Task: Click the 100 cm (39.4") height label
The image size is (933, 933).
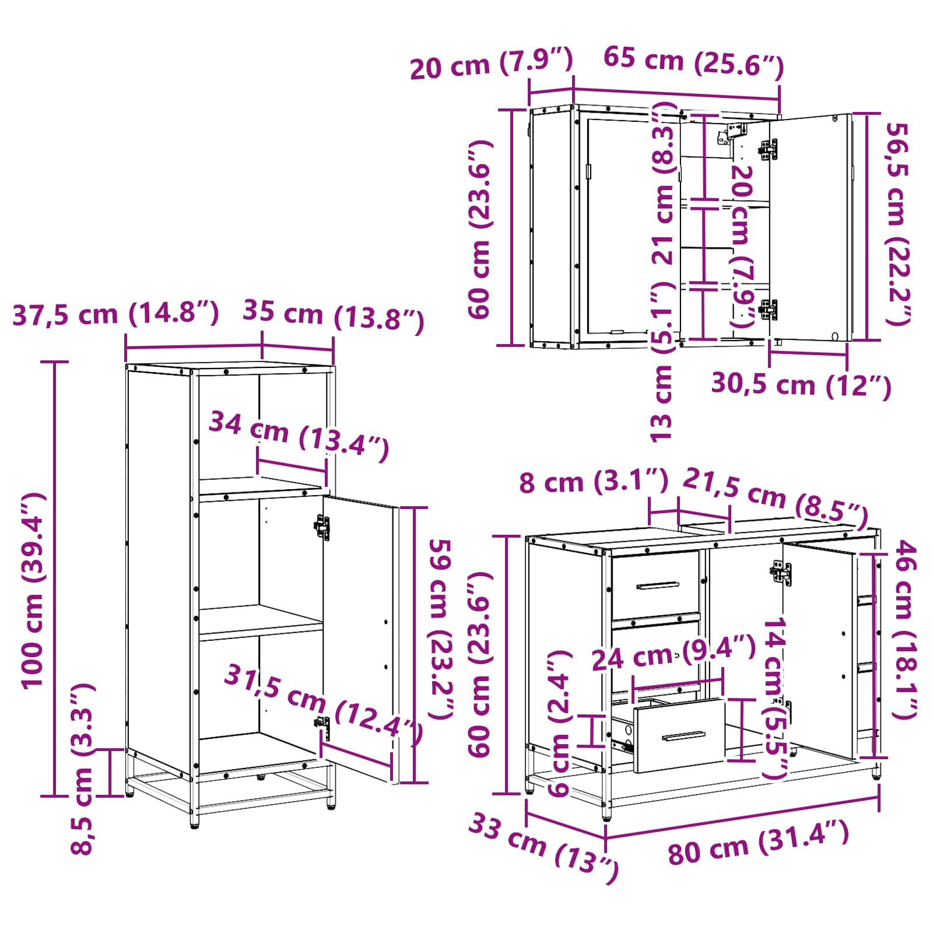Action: tap(33, 590)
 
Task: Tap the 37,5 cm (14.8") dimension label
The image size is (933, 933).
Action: tap(115, 314)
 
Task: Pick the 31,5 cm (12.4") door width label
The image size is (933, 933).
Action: tap(322, 705)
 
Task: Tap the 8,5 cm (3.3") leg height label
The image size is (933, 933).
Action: tap(82, 769)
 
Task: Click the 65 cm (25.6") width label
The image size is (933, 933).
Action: tap(693, 62)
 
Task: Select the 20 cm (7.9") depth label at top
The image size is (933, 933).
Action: tap(492, 64)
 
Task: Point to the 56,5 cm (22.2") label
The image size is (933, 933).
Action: tap(899, 223)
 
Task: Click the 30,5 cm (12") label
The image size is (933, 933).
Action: tap(801, 385)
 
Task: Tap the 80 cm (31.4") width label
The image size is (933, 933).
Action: tap(758, 843)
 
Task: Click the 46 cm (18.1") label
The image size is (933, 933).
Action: tap(904, 629)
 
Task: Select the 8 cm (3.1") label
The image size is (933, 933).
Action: tap(594, 482)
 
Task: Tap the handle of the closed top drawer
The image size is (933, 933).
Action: tap(658, 585)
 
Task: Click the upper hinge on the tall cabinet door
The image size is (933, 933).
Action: tap(322, 527)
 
